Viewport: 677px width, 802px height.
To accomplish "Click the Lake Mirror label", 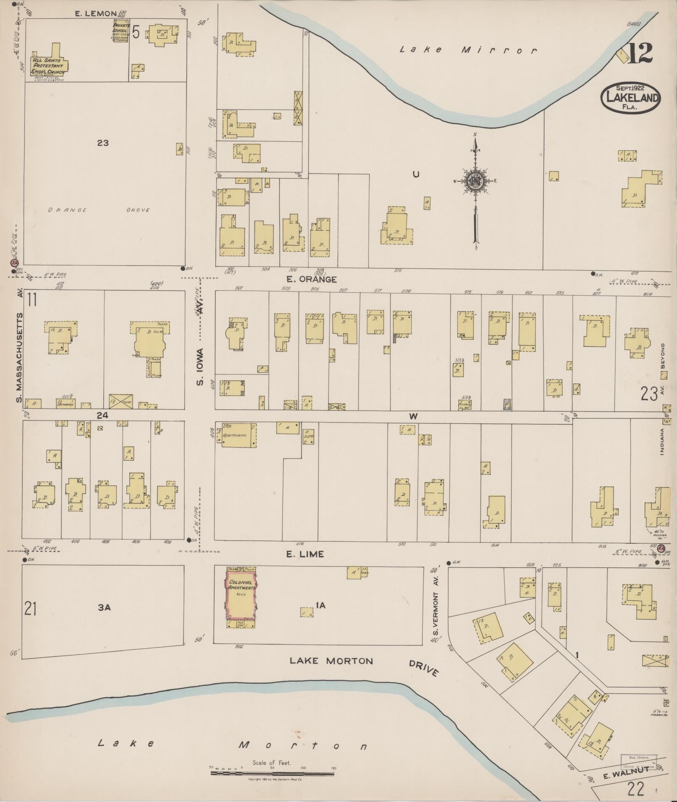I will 468,50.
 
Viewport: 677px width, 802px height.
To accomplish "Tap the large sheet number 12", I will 640,53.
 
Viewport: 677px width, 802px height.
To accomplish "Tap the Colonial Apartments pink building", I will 241,595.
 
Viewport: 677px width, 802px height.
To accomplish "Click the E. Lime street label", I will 305,554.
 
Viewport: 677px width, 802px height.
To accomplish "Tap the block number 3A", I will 104,607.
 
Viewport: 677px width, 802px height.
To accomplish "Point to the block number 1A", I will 320,605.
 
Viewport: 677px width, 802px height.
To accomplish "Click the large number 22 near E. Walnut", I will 635,789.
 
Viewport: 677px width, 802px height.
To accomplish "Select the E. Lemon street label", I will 95,14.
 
